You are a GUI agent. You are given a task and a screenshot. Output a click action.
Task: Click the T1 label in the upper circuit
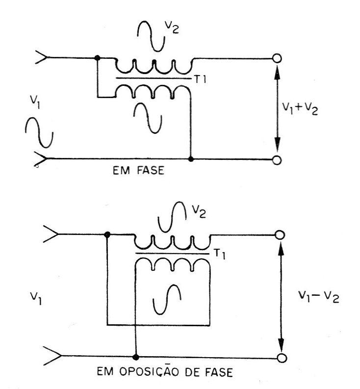coord(201,79)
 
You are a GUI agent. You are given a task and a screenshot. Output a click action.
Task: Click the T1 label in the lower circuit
coord(220,254)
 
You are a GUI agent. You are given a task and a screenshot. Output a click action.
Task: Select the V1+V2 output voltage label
coord(300,109)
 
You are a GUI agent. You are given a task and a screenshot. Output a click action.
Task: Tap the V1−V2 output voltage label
coord(318,296)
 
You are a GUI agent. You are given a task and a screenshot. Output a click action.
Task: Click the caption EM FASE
coord(138,170)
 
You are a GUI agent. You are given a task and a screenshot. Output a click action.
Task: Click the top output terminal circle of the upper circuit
coord(277,58)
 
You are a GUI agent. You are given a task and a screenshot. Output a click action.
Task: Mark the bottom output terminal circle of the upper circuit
coord(277,160)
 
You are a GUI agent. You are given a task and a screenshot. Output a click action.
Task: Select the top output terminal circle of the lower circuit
coord(280,235)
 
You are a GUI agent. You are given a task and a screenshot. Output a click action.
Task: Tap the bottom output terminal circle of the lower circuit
coord(282,358)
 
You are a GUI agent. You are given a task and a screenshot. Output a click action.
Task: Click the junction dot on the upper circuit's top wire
coord(98,58)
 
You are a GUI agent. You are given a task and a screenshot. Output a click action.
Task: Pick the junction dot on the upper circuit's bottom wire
coord(191,159)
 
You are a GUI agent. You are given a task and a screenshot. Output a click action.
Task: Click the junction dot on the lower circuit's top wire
coord(107,234)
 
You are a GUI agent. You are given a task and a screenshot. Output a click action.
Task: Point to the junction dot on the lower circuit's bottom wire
coord(136,357)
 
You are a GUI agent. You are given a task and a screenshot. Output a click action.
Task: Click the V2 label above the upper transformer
coord(172,27)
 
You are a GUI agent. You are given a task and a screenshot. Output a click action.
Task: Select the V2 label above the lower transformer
coord(199,212)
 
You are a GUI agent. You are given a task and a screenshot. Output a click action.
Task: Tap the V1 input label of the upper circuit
coord(35,102)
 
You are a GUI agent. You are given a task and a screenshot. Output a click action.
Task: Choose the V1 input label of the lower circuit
coord(36,298)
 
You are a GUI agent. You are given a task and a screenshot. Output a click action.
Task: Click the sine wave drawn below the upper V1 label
coord(39,133)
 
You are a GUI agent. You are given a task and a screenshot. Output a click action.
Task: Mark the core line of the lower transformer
coord(173,254)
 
